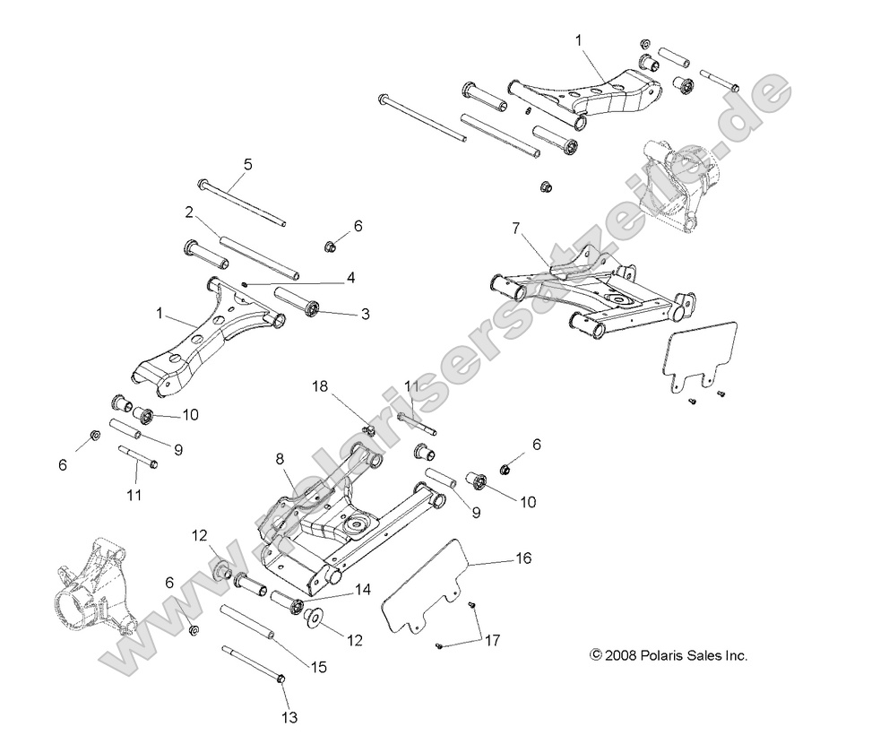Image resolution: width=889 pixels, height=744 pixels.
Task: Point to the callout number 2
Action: [189, 212]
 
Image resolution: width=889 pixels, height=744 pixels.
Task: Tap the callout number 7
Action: [515, 229]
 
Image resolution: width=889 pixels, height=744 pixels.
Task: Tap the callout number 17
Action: [491, 640]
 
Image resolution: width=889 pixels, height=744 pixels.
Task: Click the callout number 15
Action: [320, 667]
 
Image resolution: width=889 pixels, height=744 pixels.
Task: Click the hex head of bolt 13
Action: [281, 680]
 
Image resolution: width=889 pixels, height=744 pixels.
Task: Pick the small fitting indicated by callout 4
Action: [246, 284]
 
